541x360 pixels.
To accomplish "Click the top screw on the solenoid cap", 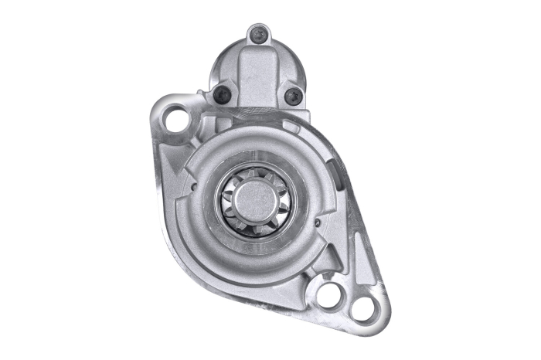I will (259, 34).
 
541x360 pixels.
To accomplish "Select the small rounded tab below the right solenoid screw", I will (292, 124).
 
